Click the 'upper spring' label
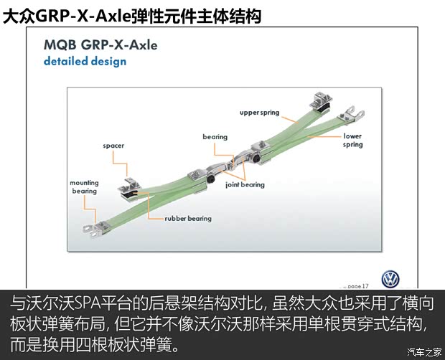point(259,113)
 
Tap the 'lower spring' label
point(352,141)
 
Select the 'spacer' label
point(113,146)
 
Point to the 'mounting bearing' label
point(84,186)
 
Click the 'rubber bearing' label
point(188,219)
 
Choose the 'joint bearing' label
point(245,185)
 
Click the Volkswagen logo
point(390,279)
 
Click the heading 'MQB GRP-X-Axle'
point(100,45)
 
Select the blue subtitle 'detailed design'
point(85,61)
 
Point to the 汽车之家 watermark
point(424,352)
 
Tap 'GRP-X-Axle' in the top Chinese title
point(83,16)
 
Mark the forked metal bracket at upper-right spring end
point(351,114)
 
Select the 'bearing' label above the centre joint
point(215,137)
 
